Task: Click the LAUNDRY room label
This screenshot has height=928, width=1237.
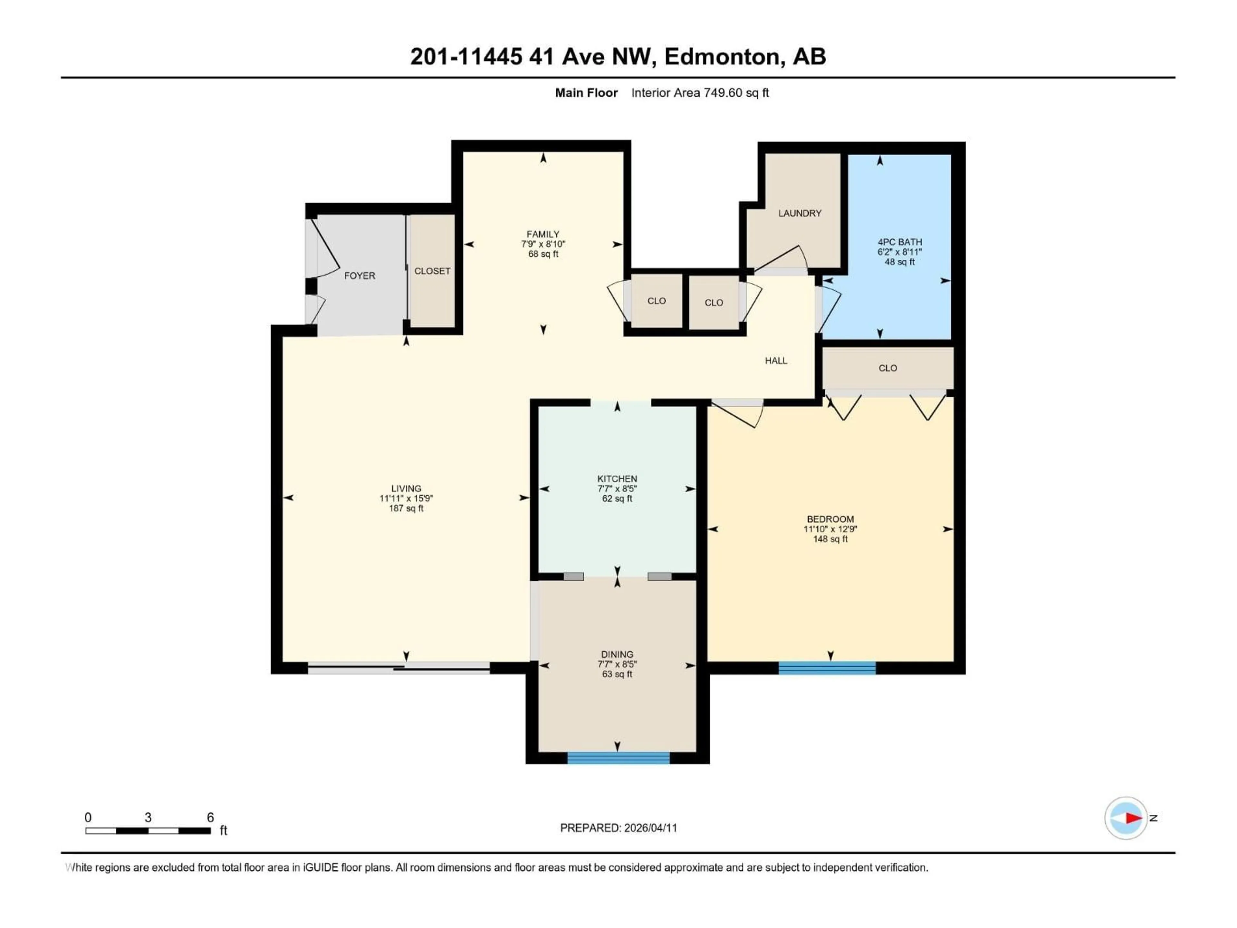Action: (800, 213)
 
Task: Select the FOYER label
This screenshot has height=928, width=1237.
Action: (360, 276)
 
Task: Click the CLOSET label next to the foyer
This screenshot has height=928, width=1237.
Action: (432, 271)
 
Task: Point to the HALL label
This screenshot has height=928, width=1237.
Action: (776, 361)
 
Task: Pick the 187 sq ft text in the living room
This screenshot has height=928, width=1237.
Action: (406, 508)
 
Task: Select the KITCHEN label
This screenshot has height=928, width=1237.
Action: (617, 479)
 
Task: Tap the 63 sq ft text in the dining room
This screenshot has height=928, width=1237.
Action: (617, 674)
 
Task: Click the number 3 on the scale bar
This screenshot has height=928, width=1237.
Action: (148, 817)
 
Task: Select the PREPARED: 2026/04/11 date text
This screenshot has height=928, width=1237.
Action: (618, 828)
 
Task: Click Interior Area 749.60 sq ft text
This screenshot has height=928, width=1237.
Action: (700, 93)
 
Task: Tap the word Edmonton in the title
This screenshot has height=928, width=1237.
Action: (721, 56)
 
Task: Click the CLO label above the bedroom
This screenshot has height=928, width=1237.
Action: (887, 368)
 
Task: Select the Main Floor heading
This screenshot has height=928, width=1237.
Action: (586, 93)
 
